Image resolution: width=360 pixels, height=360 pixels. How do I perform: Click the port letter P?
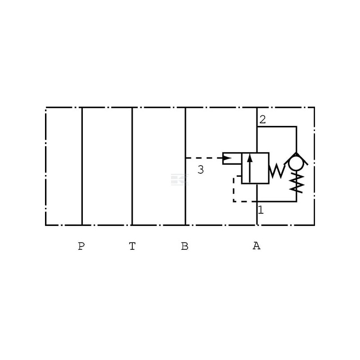point(81,246)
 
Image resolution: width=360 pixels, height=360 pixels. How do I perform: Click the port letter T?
point(132,246)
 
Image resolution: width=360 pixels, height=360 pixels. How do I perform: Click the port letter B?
point(185,246)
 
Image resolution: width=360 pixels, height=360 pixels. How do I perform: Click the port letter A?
point(256,246)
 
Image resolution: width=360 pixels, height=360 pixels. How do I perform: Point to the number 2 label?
point(262,119)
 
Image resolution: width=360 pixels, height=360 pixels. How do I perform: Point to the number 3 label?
point(201,170)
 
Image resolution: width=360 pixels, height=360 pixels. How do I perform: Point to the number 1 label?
point(261,210)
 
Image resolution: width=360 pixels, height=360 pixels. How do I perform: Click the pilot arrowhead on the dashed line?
point(228,158)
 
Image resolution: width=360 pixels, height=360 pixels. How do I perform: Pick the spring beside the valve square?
point(277,171)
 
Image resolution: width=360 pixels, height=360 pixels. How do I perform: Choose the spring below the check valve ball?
point(297,183)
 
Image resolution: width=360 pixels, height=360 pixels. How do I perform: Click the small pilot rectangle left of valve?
point(232,158)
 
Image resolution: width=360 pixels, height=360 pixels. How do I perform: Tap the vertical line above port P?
point(82,166)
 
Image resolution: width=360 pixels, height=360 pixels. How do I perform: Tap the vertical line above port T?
point(132,166)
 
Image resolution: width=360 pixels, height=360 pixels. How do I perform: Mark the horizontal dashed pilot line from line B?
point(204,158)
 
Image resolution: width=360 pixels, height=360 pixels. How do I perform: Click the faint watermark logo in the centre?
point(180,179)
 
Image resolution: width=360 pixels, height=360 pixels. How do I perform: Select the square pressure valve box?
point(255,168)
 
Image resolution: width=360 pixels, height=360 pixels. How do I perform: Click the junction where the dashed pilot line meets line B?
point(185,158)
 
